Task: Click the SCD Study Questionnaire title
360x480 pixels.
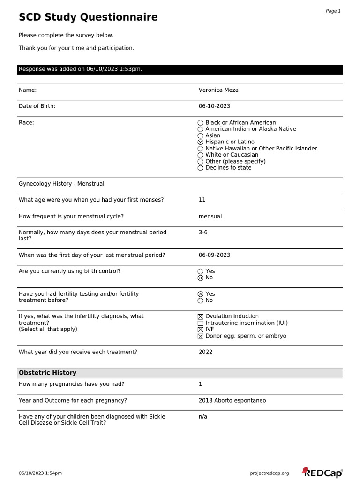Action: pyautogui.click(x=88, y=18)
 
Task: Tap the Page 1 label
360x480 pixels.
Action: pyautogui.click(x=333, y=11)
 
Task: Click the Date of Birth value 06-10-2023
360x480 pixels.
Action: pyautogui.click(x=214, y=106)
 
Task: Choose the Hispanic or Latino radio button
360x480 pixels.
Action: pyautogui.click(x=201, y=142)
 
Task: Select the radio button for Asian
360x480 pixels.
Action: pyautogui.click(x=201, y=135)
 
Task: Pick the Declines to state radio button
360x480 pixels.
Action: pyautogui.click(x=201, y=168)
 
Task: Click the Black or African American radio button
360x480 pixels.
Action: pyautogui.click(x=201, y=123)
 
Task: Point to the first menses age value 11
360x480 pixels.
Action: pyautogui.click(x=202, y=200)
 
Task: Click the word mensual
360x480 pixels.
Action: pyautogui.click(x=210, y=217)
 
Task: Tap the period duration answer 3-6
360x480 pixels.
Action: pyautogui.click(x=203, y=232)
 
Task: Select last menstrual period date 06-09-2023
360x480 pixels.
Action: pyautogui.click(x=214, y=255)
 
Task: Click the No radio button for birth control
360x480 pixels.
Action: pyautogui.click(x=201, y=278)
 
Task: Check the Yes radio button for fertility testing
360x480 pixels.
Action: pyautogui.click(x=201, y=294)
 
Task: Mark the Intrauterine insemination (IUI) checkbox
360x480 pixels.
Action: pyautogui.click(x=201, y=323)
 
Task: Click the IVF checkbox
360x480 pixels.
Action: pyautogui.click(x=201, y=330)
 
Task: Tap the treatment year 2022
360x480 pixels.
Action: pyautogui.click(x=205, y=352)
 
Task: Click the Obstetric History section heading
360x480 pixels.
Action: pyautogui.click(x=47, y=373)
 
